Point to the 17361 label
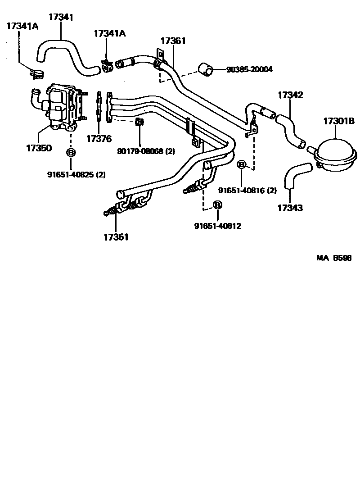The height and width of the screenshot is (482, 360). click(x=173, y=41)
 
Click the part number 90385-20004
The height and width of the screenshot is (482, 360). click(x=249, y=69)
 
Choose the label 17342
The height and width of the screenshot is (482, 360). click(x=290, y=95)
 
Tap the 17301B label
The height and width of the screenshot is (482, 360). click(x=339, y=121)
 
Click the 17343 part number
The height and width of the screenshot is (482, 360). click(x=290, y=208)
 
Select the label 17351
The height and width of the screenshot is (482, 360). click(x=116, y=237)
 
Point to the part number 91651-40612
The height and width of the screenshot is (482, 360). click(x=218, y=226)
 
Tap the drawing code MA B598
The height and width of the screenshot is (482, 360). click(x=333, y=258)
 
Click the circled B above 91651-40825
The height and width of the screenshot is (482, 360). click(x=71, y=153)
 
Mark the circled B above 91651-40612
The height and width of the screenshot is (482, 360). click(x=217, y=205)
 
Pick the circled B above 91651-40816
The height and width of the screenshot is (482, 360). click(x=242, y=165)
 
